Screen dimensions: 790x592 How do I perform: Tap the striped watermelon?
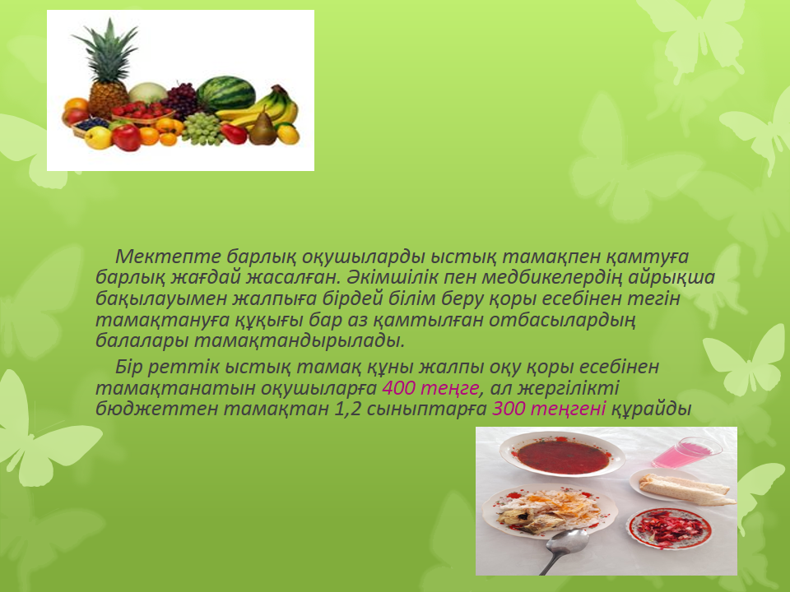[x=225, y=94]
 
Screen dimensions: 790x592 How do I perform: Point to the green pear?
[x=263, y=129]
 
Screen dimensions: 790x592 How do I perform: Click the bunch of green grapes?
[x=202, y=128]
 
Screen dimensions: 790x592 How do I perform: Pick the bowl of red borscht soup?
[x=562, y=455]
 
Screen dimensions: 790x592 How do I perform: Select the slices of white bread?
[x=685, y=488]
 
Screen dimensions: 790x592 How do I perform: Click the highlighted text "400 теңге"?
[x=430, y=388]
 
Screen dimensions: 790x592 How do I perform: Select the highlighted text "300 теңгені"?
[x=549, y=409]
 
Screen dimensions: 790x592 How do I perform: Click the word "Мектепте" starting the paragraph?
[x=168, y=257]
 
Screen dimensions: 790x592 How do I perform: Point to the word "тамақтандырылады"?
[x=300, y=340]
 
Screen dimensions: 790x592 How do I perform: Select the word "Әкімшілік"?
[x=391, y=277]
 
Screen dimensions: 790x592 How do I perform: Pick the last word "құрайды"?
[x=650, y=409]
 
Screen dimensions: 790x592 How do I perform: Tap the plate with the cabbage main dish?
[x=550, y=511]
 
